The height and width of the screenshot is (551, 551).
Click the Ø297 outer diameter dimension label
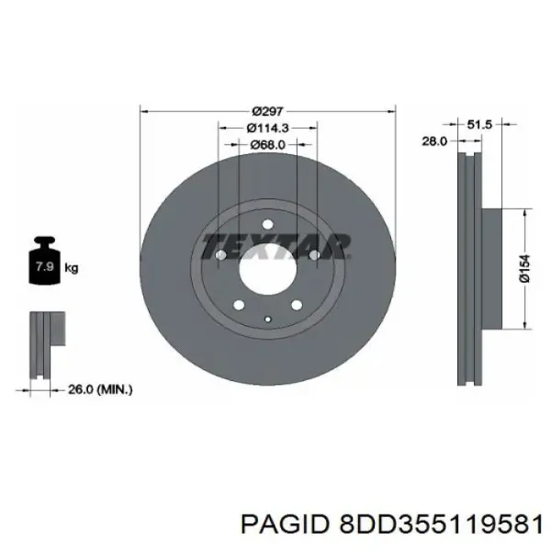[x=267, y=111]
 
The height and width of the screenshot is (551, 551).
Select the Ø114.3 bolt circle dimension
[x=267, y=128]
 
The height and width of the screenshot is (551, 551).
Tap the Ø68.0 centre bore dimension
[x=267, y=144]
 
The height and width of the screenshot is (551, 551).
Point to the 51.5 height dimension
[x=479, y=124]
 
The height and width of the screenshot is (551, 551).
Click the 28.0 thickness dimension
[x=434, y=141]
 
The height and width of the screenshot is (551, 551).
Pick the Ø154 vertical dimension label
[x=524, y=268]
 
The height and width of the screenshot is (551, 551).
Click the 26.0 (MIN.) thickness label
[x=100, y=389]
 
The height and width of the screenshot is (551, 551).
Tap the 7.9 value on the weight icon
[x=45, y=266]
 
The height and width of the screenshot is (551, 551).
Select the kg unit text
[x=72, y=268]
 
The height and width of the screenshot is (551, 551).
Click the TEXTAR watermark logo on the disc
[x=275, y=246]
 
